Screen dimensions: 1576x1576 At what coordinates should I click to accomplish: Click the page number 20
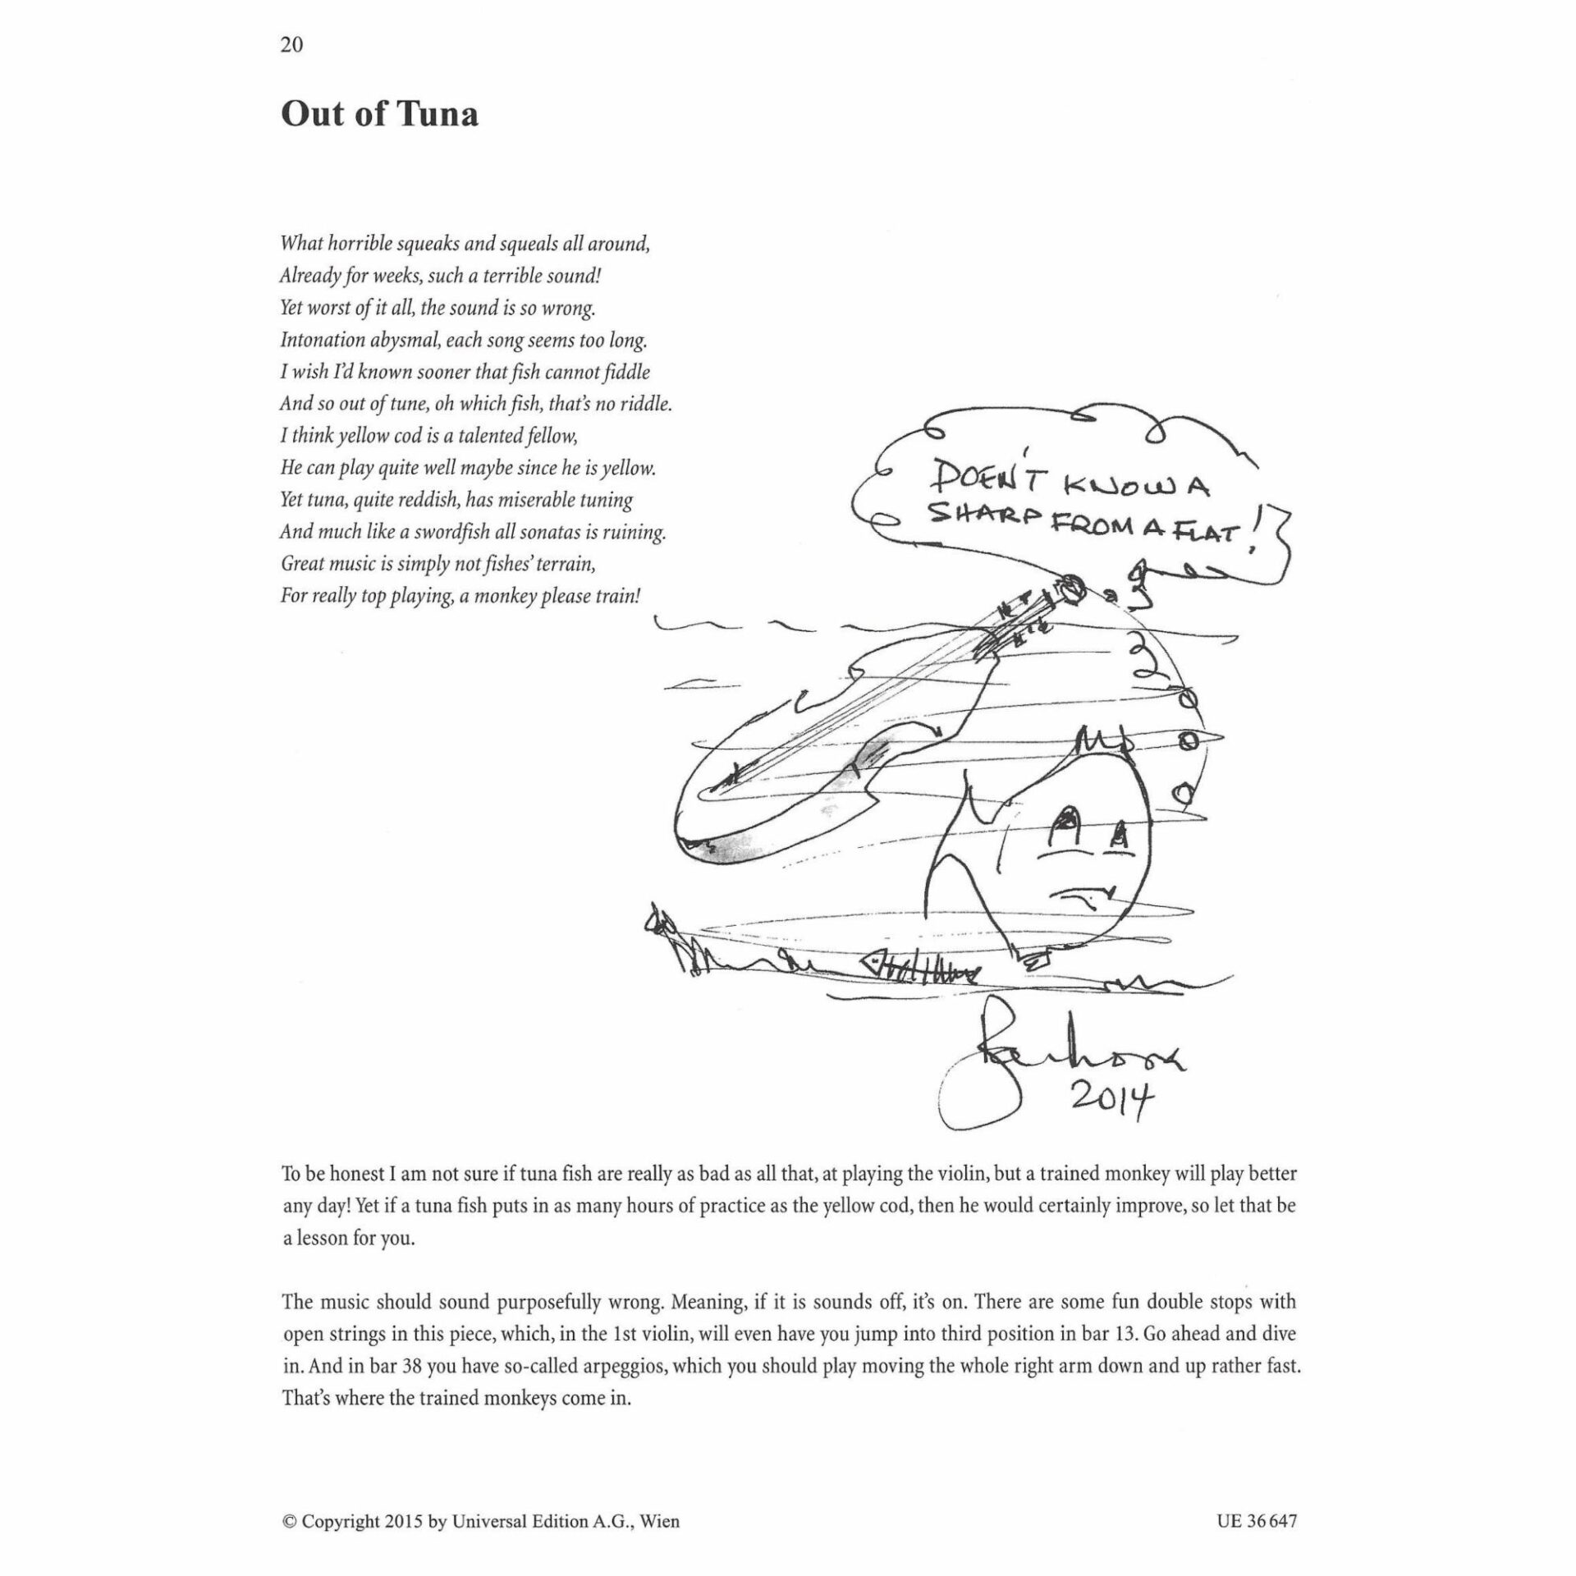291,45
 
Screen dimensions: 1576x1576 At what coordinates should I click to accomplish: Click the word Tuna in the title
438,114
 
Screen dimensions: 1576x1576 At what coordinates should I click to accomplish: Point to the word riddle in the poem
644,404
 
